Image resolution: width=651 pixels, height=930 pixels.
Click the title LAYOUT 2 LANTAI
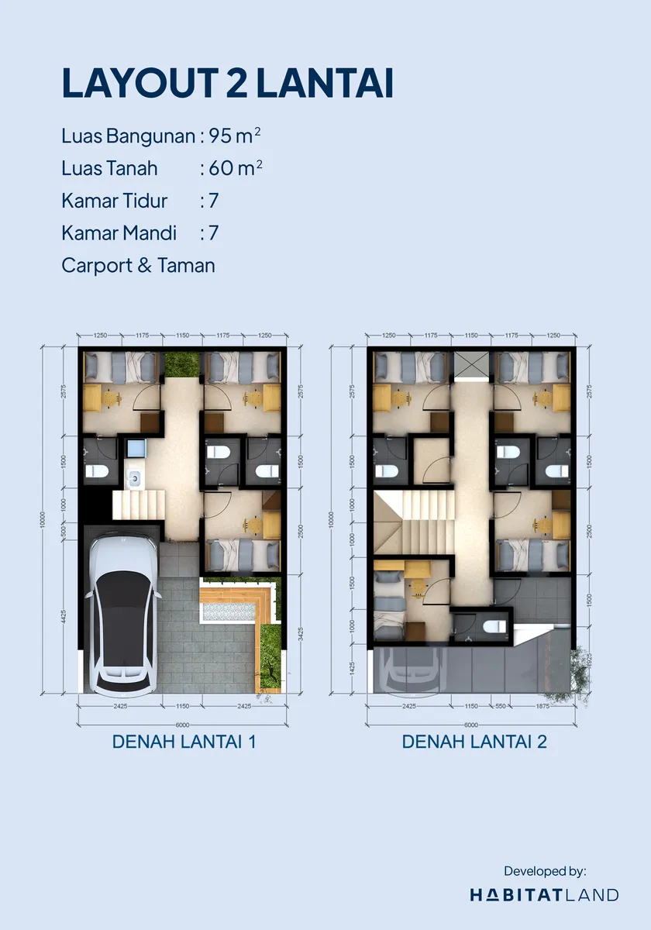point(227,84)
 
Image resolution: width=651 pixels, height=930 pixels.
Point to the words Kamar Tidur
point(115,201)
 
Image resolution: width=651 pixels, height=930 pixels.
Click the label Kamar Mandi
point(119,232)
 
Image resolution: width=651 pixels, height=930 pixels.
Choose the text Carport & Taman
point(139,265)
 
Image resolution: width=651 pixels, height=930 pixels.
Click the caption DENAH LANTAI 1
point(184,742)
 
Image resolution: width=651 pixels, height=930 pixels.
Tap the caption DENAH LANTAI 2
point(474,742)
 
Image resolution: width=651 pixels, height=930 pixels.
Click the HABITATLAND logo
point(544,895)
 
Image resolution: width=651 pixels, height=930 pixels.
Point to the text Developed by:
point(546,870)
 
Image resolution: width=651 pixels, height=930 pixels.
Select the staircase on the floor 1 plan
point(138,505)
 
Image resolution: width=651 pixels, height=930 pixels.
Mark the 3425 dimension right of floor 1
point(301,635)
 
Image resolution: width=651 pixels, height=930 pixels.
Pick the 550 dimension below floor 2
point(499,706)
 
